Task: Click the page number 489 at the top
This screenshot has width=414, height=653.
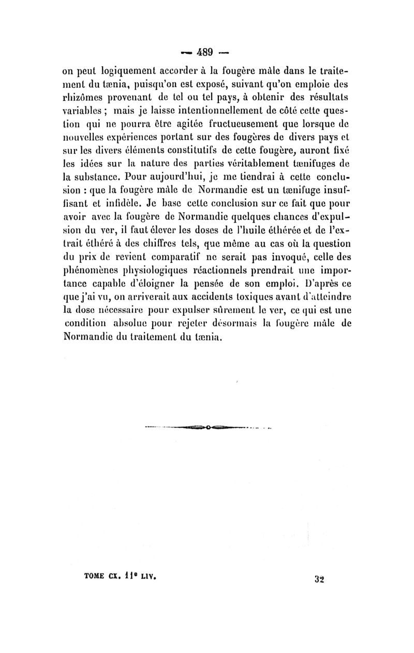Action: click(206, 52)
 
